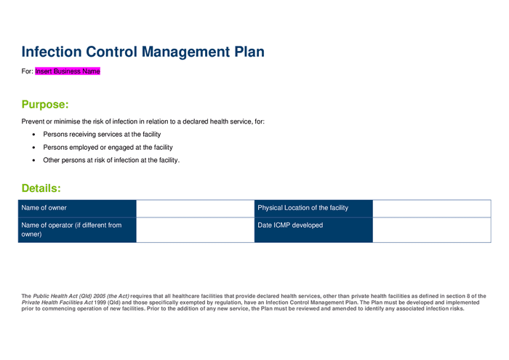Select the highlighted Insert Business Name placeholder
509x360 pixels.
[x=68, y=71]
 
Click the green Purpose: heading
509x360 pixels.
[x=45, y=104]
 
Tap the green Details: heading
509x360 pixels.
[x=41, y=188]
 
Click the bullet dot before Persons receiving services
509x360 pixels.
[x=34, y=135]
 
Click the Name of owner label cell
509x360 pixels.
[x=77, y=208]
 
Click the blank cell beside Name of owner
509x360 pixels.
[x=195, y=208]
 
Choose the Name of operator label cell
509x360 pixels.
[x=77, y=230]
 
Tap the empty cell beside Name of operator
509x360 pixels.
[x=195, y=230]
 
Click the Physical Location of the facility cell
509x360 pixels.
[x=313, y=208]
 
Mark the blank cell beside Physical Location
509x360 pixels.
[x=431, y=208]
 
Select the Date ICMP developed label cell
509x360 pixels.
[x=313, y=230]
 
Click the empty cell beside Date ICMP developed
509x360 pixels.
[x=431, y=230]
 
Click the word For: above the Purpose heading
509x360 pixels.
[x=28, y=71]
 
